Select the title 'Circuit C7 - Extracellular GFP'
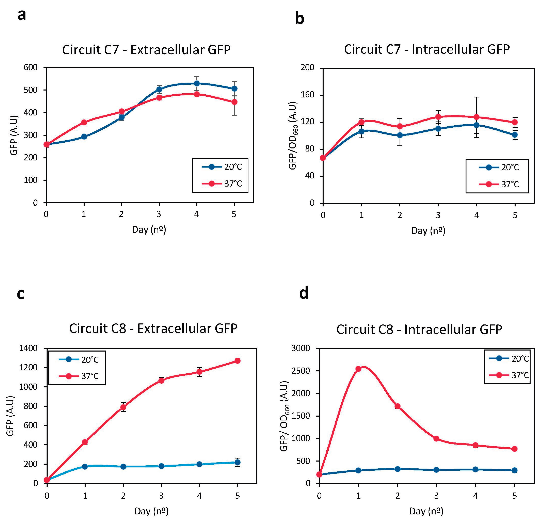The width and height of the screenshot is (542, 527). (x=146, y=50)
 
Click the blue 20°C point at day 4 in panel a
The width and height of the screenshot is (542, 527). (x=197, y=83)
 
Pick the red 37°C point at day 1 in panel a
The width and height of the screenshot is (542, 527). (x=84, y=122)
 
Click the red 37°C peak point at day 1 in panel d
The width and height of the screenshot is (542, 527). (x=358, y=369)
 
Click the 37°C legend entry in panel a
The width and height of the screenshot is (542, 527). (x=221, y=183)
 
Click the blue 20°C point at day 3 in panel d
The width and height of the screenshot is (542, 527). (x=436, y=470)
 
